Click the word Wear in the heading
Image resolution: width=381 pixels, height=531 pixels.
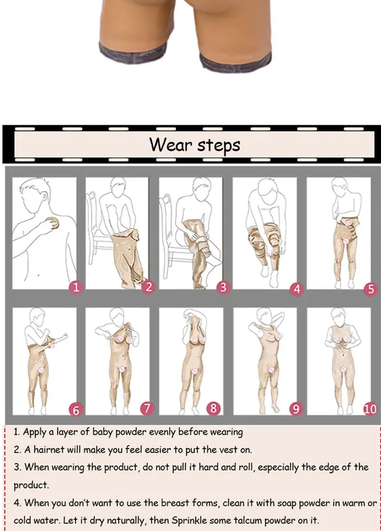coord(171,145)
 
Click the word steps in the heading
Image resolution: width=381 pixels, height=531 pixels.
coord(219,146)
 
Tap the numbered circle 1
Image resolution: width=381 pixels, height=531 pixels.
coord(76,287)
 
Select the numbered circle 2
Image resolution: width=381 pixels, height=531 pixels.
coord(149,287)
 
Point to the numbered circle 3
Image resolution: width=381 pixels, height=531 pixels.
coord(223,287)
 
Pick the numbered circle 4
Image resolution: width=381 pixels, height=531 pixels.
coord(297,289)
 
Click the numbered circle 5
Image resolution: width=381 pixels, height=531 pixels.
coord(371,289)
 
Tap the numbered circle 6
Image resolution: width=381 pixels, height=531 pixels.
coord(76,410)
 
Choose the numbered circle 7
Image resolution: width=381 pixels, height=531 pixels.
coord(147,408)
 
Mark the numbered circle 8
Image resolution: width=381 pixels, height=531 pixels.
coord(213,408)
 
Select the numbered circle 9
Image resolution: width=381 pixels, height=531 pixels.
coord(296,409)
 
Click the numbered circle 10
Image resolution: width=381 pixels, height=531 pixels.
coord(370,409)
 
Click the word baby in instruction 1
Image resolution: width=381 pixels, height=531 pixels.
coord(102,433)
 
